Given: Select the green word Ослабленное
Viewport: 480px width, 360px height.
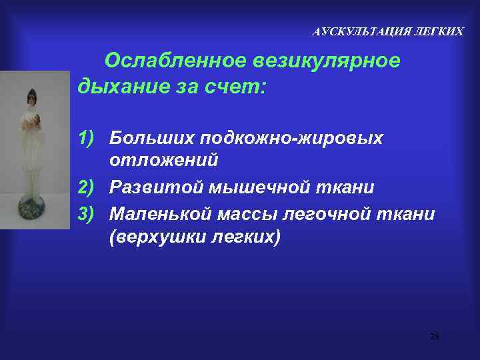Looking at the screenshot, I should click(x=176, y=61).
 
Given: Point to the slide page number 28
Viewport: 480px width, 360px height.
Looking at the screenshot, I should click(x=434, y=336).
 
